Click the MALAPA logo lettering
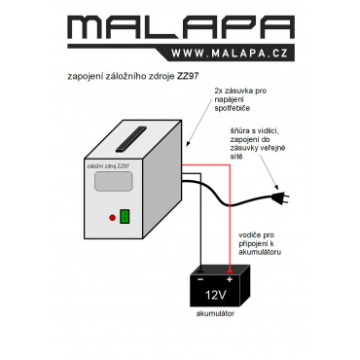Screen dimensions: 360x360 [x=181, y=27]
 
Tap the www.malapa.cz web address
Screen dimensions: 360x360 [x=230, y=54]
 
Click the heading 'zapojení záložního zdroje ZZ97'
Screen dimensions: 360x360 [x=133, y=77]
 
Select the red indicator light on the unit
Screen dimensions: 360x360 [x=112, y=218]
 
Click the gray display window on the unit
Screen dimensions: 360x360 [x=114, y=181]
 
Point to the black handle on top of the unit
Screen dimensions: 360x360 [x=130, y=139]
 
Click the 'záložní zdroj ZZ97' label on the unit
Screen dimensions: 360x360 [x=108, y=166]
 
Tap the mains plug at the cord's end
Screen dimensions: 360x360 [x=279, y=198]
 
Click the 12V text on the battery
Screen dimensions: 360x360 [x=216, y=295]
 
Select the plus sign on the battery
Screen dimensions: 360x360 [x=230, y=279]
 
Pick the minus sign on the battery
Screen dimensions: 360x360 [x=200, y=279]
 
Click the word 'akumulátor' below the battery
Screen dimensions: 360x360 [x=215, y=313]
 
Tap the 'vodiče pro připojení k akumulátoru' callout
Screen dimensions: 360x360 [x=260, y=243]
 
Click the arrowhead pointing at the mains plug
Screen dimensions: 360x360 [x=276, y=187]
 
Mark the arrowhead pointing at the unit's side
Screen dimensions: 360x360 [x=189, y=144]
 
